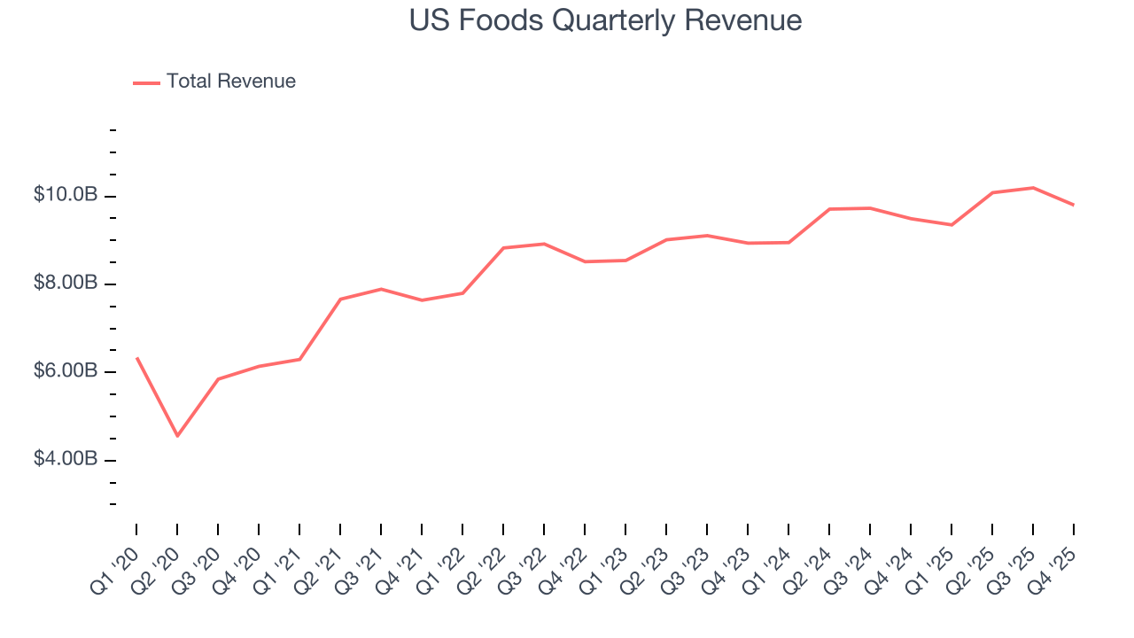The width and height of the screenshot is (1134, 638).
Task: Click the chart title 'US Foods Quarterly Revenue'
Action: pos(605,20)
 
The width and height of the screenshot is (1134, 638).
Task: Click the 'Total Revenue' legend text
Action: pos(230,82)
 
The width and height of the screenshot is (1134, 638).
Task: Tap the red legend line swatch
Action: pos(146,82)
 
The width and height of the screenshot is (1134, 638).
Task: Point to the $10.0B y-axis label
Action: pos(66,195)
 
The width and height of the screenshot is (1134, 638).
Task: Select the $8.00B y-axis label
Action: pos(66,284)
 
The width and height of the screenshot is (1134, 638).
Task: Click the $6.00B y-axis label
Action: pos(66,371)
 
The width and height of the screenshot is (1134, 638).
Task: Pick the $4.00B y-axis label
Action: pos(66,459)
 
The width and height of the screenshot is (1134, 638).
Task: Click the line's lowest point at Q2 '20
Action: pos(177,436)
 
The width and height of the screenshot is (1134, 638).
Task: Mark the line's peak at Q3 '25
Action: pos(1033,188)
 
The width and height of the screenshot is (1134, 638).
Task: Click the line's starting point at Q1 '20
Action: pos(136,358)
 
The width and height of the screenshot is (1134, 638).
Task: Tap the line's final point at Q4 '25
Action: pos(1074,205)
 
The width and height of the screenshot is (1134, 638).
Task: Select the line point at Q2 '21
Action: pos(340,299)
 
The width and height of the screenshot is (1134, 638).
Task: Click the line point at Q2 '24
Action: pos(829,209)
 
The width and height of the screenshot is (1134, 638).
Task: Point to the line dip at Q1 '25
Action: pos(951,225)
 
